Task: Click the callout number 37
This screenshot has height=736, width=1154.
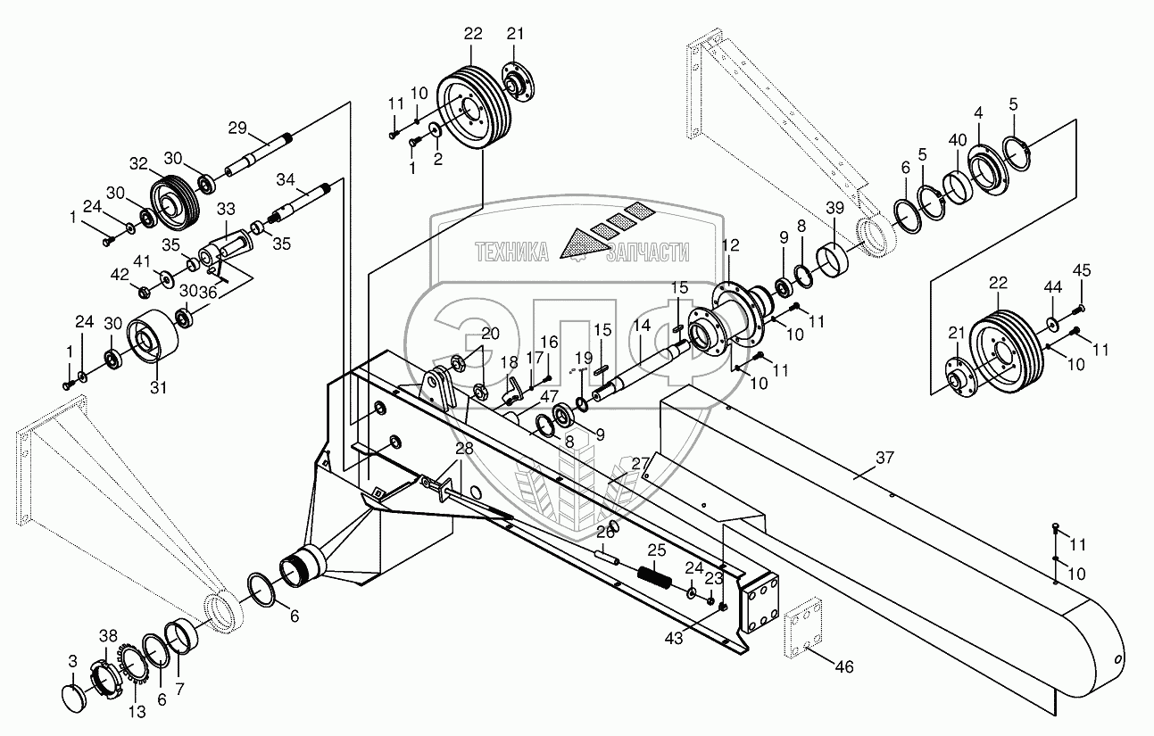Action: coord(884,459)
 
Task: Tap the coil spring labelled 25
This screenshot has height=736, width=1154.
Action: coord(654,578)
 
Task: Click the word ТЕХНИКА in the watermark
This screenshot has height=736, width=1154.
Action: coord(511,252)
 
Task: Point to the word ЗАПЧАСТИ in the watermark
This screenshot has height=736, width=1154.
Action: coord(647,252)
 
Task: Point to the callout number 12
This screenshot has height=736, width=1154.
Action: coord(731,245)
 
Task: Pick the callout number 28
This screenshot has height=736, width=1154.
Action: coord(463,448)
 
